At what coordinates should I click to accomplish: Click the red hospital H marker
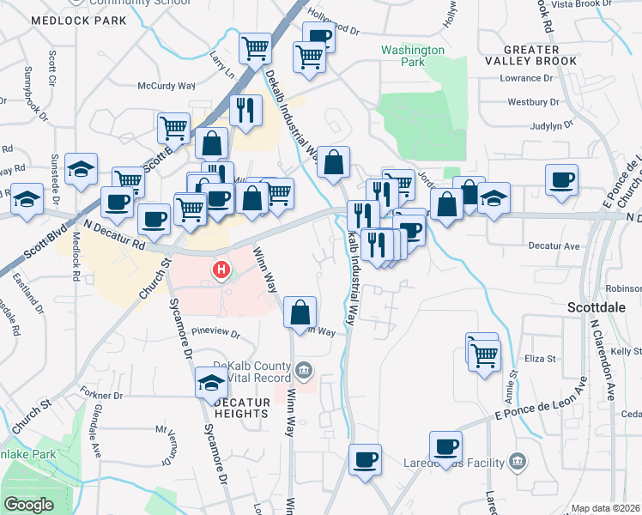(x=222, y=272)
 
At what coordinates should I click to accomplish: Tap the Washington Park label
(x=413, y=56)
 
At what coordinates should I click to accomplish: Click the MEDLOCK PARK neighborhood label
(x=80, y=21)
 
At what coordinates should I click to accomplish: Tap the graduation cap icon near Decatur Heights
(x=211, y=382)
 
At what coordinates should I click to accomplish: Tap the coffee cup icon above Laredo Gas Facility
(x=445, y=446)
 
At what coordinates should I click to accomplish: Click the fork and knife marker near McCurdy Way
(x=245, y=110)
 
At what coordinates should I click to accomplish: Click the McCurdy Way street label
(x=167, y=86)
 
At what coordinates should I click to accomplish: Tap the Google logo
(x=28, y=504)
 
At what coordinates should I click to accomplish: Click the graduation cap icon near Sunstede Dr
(x=81, y=168)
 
